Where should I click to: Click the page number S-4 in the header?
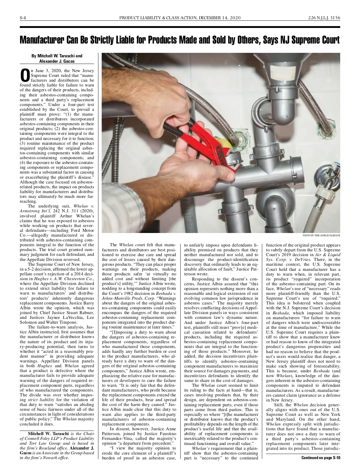coord(23,18)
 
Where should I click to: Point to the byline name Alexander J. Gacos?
coord(57,61)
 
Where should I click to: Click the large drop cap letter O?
coord(25,76)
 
